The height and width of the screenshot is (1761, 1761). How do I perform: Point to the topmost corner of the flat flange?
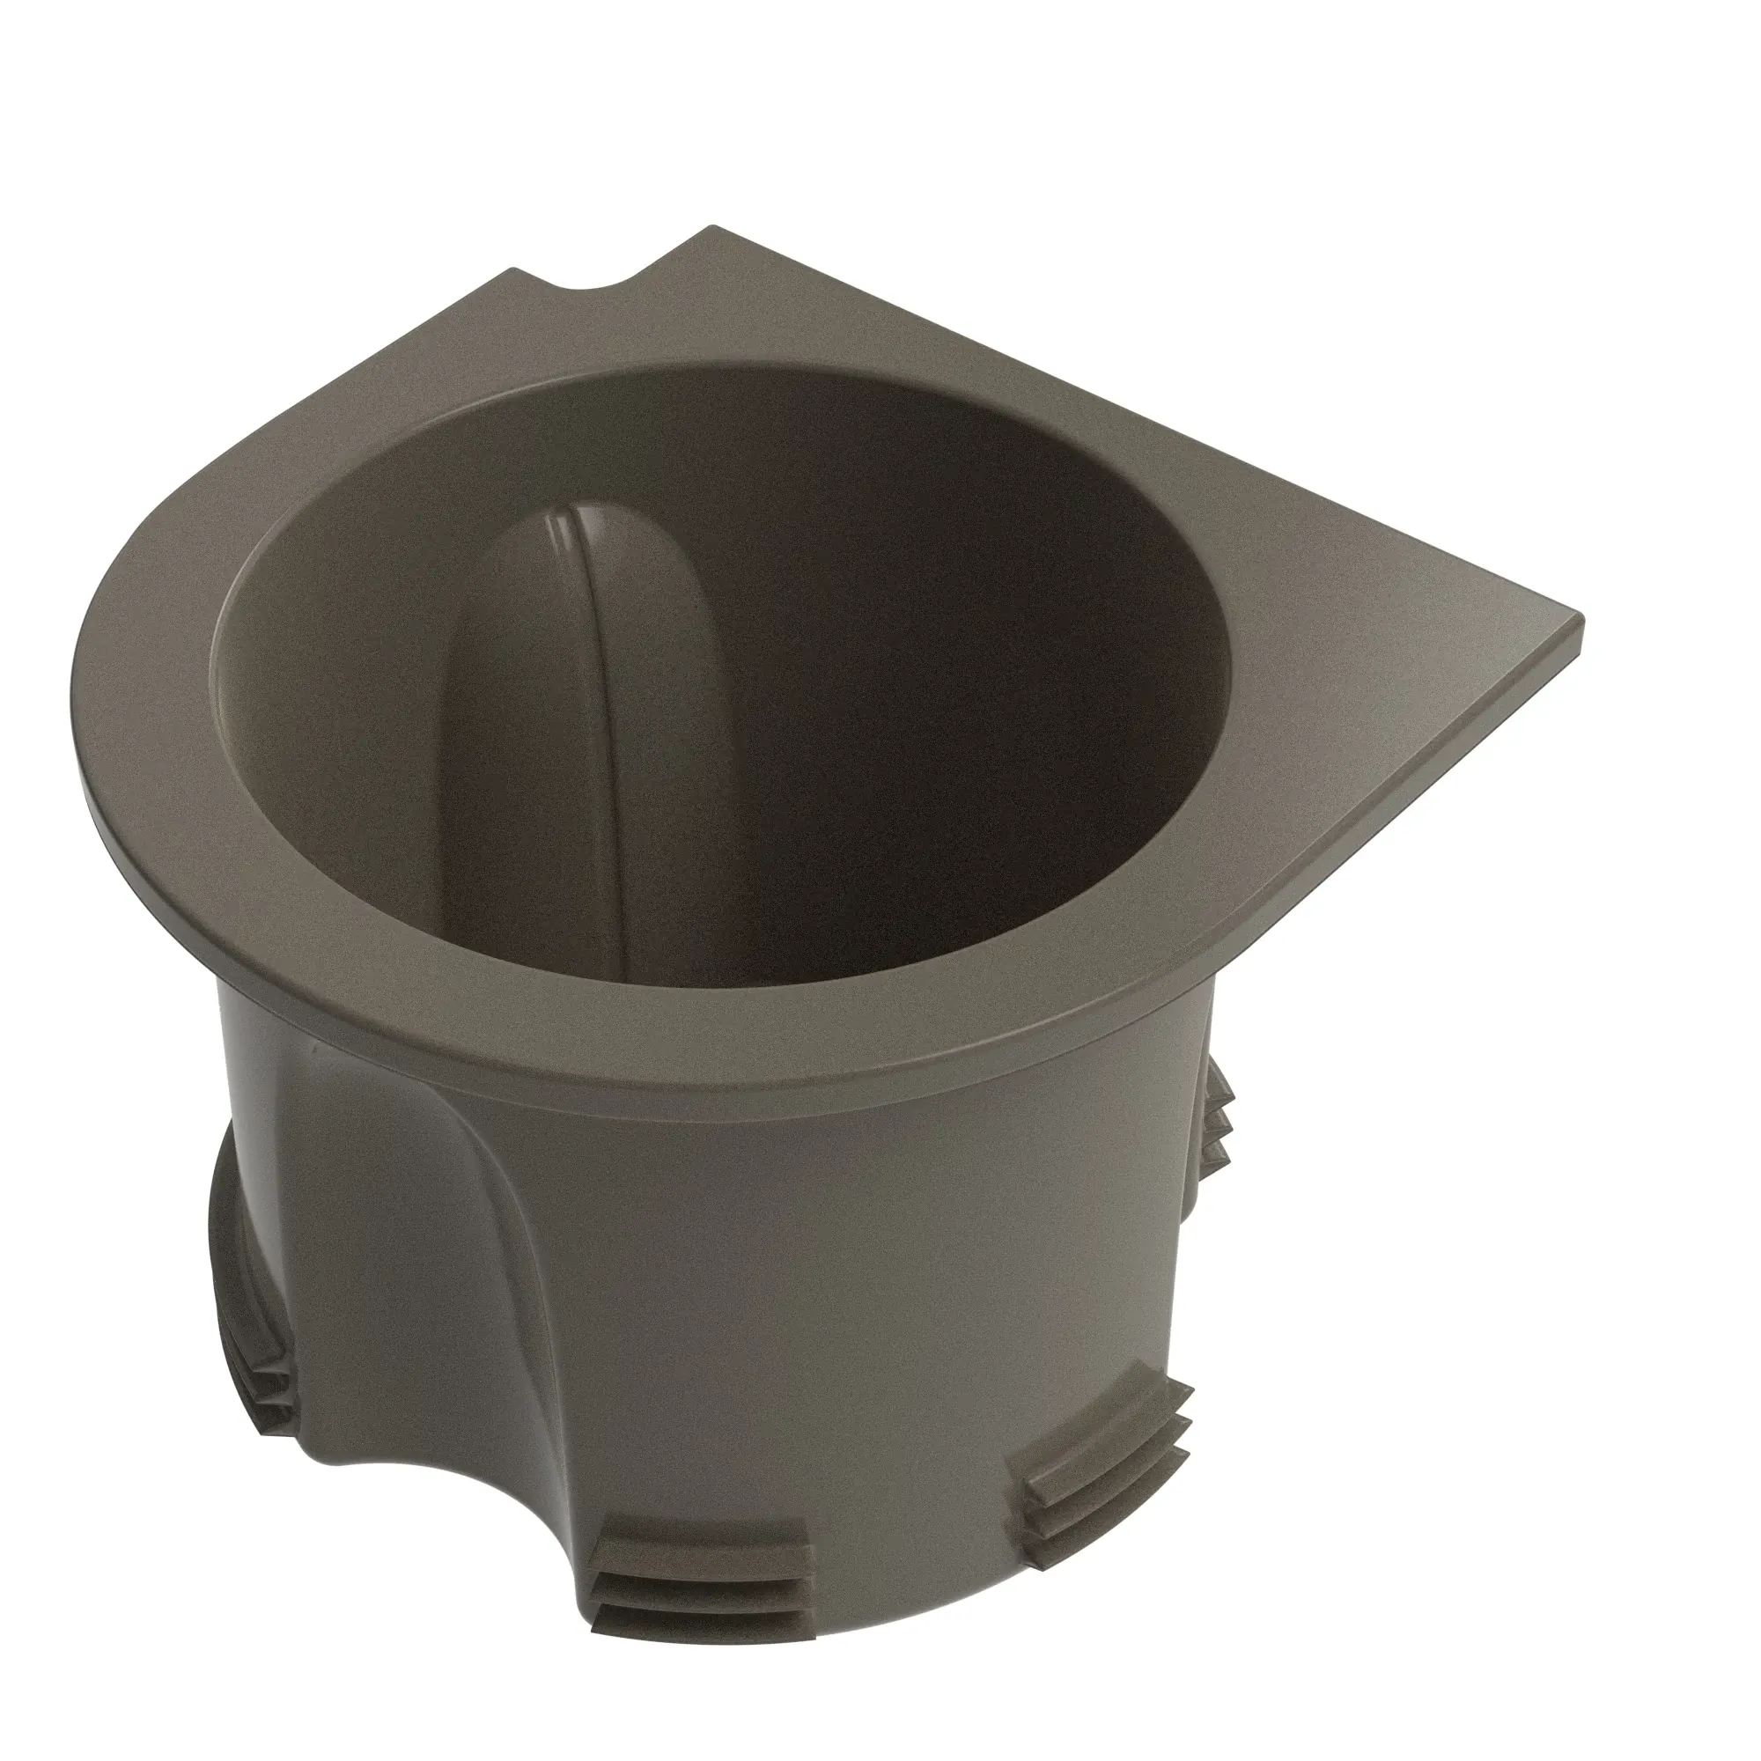(714, 228)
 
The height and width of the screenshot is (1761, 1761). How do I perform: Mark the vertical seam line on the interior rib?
(597, 729)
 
